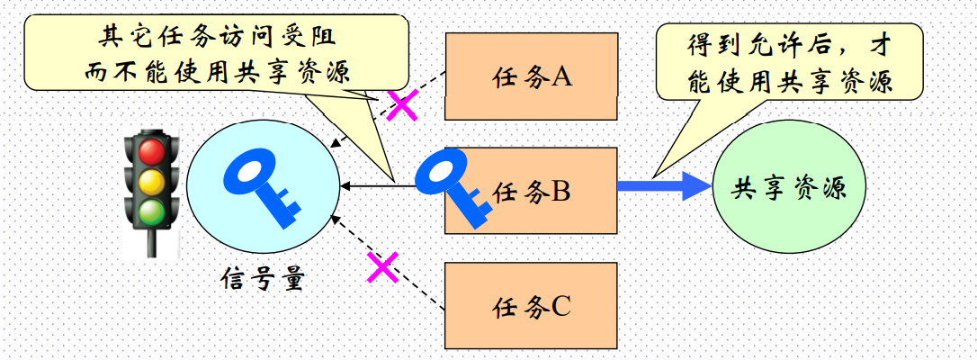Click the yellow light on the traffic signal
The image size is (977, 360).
point(152,182)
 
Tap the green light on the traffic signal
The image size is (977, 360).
point(152,211)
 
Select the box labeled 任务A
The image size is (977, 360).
point(533,76)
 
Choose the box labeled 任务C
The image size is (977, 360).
point(533,307)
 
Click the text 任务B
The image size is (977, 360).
point(533,192)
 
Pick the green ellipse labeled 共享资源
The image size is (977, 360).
point(786,189)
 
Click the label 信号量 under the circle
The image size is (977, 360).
point(263,280)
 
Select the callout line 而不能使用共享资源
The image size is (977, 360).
point(216,71)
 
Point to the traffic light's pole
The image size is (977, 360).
point(152,244)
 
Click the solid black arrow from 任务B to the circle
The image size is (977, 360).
point(378,186)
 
